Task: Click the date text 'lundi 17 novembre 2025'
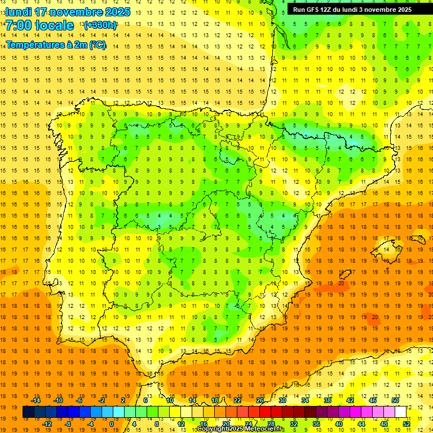[68, 12]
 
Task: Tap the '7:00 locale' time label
[39, 25]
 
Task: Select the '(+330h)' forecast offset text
[100, 25]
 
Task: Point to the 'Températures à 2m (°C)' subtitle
[56, 45]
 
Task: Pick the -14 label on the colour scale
[36, 400]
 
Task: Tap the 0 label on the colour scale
[112, 424]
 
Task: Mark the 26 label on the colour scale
[260, 400]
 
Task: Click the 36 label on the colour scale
[316, 424]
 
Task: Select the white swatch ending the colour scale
[400, 412]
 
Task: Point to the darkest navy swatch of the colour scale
[28, 412]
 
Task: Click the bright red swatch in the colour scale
[265, 412]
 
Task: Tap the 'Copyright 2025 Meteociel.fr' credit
[241, 429]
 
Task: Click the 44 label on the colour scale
[361, 424]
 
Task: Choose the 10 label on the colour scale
[169, 400]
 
